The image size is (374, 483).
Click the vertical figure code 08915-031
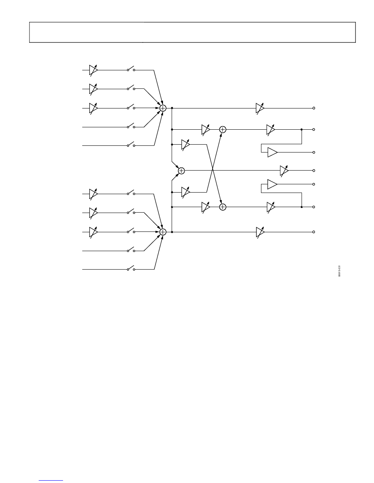[x=339, y=271]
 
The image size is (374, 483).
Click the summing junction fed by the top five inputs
[x=163, y=108]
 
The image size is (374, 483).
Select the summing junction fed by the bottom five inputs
[x=163, y=232]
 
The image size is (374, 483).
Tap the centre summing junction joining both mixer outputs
[x=181, y=171]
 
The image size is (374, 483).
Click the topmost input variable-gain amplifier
[x=93, y=70]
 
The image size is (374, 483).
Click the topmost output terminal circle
[x=314, y=108]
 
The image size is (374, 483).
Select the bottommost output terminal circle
[x=314, y=232]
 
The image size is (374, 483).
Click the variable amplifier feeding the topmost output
[x=260, y=108]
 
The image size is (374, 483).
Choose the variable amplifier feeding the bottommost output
[x=260, y=232]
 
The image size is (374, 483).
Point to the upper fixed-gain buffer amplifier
[x=272, y=152]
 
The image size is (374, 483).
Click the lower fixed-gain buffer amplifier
[x=272, y=184]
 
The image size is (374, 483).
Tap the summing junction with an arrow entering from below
[x=223, y=129]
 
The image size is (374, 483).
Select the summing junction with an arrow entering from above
[x=223, y=207]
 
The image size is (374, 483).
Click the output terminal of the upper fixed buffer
[x=314, y=152]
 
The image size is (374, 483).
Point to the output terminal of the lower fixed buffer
[x=314, y=184]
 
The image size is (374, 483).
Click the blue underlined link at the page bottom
[x=54, y=480]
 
